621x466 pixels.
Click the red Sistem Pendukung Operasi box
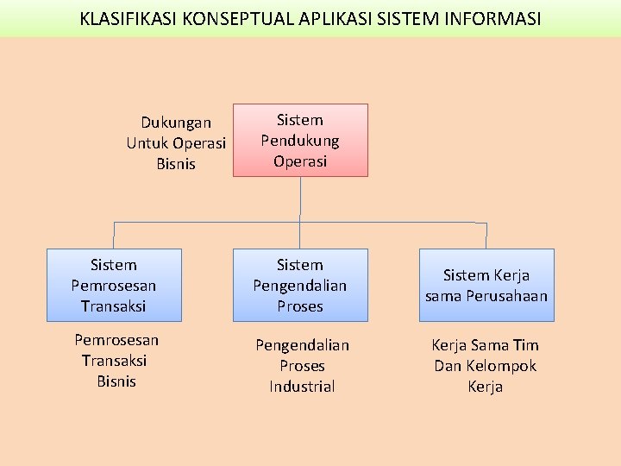[x=300, y=141]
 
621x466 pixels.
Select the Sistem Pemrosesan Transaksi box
[x=113, y=285]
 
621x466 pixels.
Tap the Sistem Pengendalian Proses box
[x=300, y=285]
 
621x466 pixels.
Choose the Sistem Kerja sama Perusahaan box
[x=486, y=285]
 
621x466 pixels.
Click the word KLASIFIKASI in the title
[x=128, y=18]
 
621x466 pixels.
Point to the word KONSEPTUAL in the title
[x=235, y=18]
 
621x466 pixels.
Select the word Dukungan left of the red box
[x=176, y=123]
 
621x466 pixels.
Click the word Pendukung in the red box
[x=300, y=141]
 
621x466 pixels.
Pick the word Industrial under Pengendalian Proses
[x=302, y=387]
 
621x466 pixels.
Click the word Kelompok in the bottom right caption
[x=503, y=366]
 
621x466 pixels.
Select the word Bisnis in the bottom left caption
[x=116, y=381]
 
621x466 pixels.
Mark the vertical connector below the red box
[x=300, y=198]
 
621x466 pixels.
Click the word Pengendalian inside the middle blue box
[x=300, y=286]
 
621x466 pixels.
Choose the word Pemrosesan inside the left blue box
[x=113, y=286]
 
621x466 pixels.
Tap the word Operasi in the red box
[x=300, y=161]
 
